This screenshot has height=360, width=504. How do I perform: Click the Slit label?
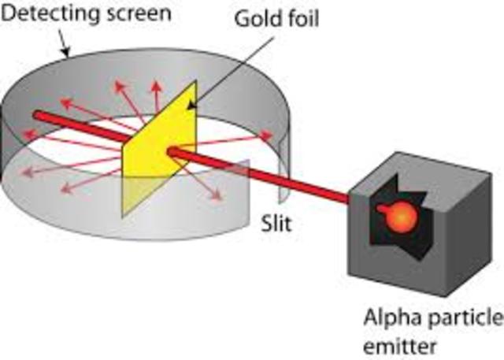click(x=276, y=224)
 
